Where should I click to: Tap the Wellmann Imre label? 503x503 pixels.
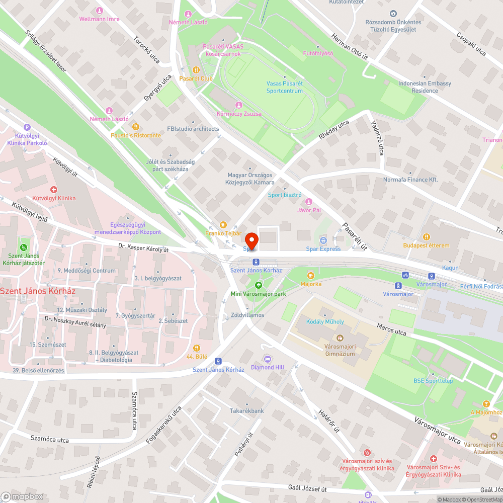(99, 19)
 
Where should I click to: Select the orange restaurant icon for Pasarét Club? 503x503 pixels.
(196, 70)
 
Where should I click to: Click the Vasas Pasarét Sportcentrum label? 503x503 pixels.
(285, 87)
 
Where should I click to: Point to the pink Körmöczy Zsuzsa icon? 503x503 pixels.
(238, 105)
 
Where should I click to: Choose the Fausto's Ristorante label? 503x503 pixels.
(136, 135)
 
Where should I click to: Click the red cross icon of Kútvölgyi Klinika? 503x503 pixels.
(53, 190)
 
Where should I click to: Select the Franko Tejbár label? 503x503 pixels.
(223, 233)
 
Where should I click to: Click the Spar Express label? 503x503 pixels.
(323, 249)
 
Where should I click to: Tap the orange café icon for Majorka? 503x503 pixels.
(310, 275)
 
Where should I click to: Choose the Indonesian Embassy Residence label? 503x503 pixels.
(425, 87)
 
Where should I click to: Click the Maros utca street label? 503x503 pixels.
(392, 330)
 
